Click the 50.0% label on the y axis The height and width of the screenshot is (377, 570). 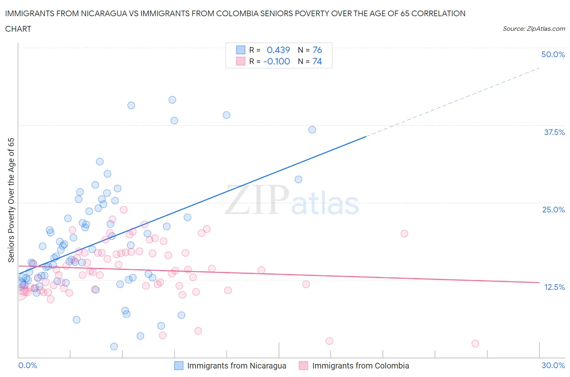click(x=553, y=54)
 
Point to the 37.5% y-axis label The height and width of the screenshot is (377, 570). click(x=554, y=132)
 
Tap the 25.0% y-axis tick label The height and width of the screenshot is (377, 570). click(x=553, y=210)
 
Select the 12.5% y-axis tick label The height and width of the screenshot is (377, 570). click(x=554, y=287)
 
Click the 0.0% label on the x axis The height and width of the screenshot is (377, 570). click(x=28, y=365)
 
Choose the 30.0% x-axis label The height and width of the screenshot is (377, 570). click(x=553, y=365)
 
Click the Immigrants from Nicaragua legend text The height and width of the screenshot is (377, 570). click(x=236, y=366)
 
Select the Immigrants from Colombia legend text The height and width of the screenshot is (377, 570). click(x=360, y=366)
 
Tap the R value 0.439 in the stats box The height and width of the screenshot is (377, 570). click(x=278, y=50)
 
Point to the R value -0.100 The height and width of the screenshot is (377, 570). click(x=276, y=61)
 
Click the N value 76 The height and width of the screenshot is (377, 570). click(x=317, y=50)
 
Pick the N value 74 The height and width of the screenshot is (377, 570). click(x=317, y=61)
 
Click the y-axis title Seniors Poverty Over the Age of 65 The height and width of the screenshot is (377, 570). click(x=11, y=200)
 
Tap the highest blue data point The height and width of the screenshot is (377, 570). click(x=172, y=100)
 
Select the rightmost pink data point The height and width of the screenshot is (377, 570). click(x=475, y=343)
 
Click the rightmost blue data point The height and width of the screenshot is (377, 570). click(x=312, y=130)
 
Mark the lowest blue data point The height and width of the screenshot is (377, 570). click(x=114, y=347)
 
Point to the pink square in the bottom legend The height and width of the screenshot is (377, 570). click(x=303, y=366)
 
